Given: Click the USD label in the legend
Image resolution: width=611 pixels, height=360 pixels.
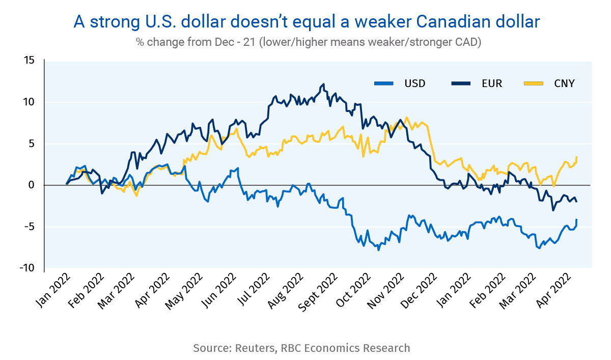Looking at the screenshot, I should point(415,84).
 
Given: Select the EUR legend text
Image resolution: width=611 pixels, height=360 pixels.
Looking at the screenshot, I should point(492,84).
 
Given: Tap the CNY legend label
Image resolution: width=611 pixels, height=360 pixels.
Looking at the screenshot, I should point(564,84).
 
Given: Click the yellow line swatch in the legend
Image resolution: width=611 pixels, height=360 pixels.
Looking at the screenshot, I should point(534,84).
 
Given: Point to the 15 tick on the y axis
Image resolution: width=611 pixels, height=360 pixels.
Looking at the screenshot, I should point(29,61).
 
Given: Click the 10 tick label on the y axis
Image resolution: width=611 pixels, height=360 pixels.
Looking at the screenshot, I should point(29,102).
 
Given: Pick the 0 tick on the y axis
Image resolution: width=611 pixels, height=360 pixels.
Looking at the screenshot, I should point(32,185).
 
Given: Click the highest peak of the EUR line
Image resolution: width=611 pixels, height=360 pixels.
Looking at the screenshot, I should point(324,85).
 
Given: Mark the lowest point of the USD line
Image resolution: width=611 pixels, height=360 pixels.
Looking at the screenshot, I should point(378,250).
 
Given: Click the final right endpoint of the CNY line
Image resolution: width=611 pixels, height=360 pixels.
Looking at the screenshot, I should point(576,157).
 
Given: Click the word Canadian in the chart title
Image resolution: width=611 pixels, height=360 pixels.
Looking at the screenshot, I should point(451,22).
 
